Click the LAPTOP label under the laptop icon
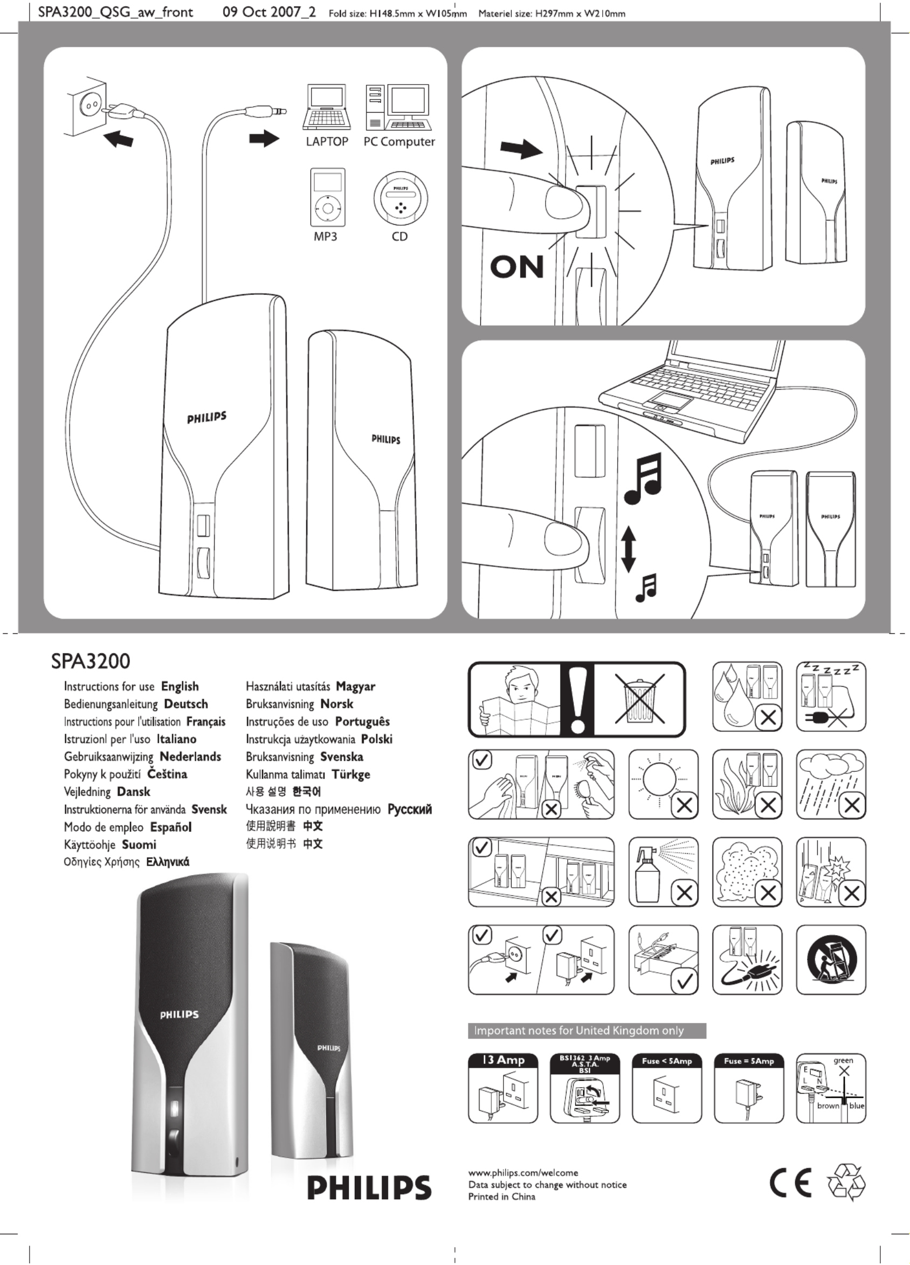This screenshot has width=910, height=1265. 326,142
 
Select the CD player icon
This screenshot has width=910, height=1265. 400,199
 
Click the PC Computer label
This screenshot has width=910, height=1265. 399,142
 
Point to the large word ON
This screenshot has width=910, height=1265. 516,267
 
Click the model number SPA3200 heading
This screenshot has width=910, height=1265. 91,661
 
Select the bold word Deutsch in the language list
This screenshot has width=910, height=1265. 186,704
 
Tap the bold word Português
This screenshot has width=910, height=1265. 362,721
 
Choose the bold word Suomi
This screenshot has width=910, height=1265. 139,845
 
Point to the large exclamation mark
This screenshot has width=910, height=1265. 577,699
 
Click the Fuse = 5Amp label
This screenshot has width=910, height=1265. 749,1061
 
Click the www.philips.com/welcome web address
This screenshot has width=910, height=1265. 523,1172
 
